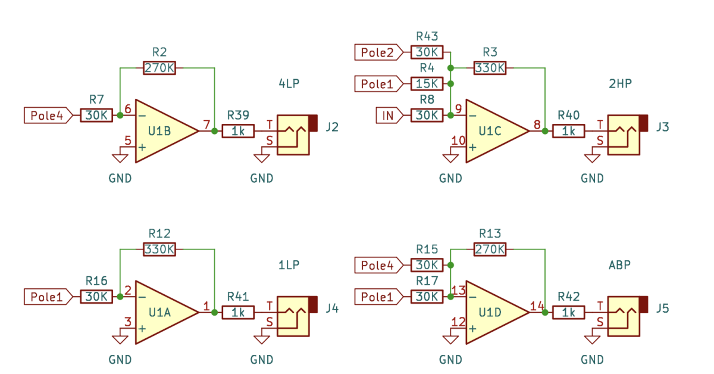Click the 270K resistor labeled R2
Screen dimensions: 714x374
point(159,68)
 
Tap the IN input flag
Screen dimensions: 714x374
point(390,116)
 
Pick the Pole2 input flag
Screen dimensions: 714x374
point(379,52)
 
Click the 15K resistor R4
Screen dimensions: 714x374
point(427,84)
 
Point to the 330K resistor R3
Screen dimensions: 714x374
point(490,68)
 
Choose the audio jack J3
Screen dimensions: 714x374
point(627,135)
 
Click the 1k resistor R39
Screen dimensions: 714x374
point(238,131)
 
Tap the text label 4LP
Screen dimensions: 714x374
point(289,83)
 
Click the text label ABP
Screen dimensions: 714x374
point(619,265)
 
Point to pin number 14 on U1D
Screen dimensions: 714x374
point(537,306)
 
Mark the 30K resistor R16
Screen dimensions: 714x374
point(96,297)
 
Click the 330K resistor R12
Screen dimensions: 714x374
point(159,249)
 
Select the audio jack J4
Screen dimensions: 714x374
point(297,316)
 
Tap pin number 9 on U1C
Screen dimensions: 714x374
point(458,109)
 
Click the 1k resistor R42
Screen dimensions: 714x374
point(569,313)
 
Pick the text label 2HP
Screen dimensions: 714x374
point(620,83)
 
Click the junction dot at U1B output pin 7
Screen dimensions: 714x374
point(215,131)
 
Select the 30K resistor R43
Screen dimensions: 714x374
point(427,52)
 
